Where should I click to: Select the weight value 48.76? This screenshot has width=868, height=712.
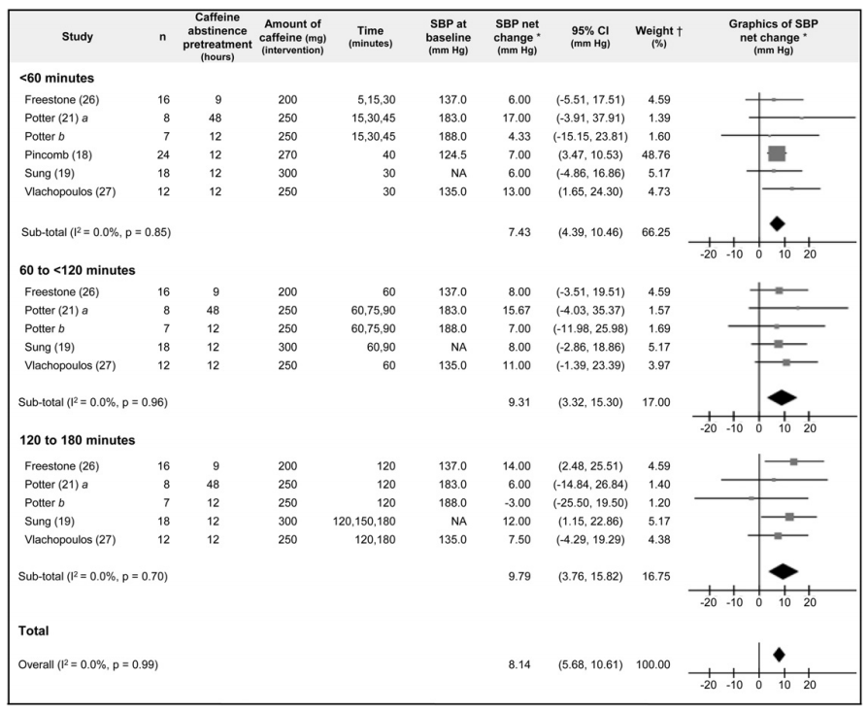(652, 153)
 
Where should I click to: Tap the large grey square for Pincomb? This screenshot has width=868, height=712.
(776, 153)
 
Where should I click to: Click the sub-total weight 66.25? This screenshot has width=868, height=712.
(652, 232)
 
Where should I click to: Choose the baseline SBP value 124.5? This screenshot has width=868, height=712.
(446, 153)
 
